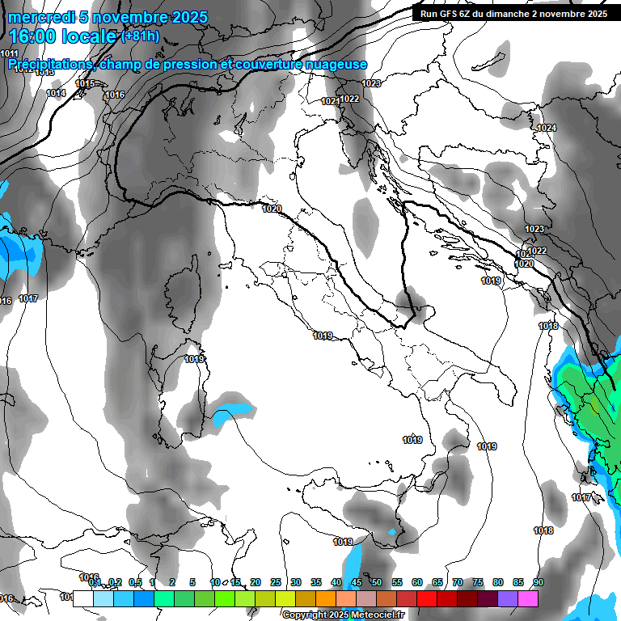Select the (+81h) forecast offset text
coord(140,36)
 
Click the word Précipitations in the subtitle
coord(49,64)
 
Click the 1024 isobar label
coord(547,128)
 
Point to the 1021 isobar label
coord(330,101)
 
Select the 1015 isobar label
coord(85,83)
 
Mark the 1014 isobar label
coord(56,94)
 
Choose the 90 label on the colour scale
coord(539,582)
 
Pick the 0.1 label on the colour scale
coord(94,582)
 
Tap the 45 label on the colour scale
coord(357,582)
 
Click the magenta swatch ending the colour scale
coord(528,598)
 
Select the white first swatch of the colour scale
coord(82,598)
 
